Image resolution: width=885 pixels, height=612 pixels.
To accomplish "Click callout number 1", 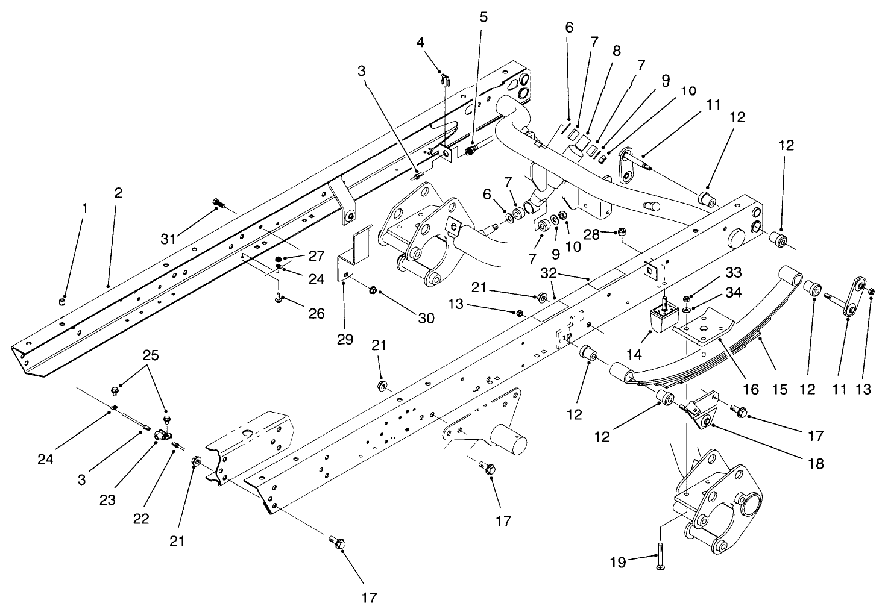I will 85,208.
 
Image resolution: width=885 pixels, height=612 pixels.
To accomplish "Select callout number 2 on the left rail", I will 118,193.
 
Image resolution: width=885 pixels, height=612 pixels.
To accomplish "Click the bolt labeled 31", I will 218,205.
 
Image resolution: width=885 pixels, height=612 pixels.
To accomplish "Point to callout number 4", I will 420,42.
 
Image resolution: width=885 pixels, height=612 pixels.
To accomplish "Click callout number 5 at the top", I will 483,17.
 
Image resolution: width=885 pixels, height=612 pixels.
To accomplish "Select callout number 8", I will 616,52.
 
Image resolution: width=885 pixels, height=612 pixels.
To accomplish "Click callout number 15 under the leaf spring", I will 780,389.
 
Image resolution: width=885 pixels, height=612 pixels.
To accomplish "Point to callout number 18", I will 817,464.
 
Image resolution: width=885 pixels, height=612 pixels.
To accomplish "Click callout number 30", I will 426,317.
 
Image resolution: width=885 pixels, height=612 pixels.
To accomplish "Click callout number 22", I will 141,519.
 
